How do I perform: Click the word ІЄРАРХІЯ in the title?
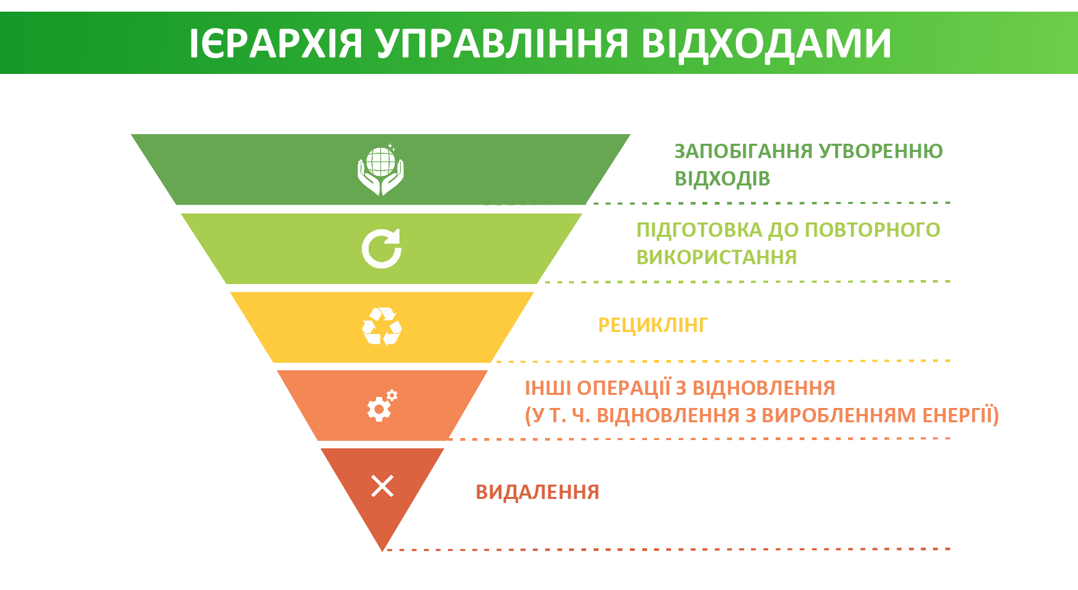click(276, 44)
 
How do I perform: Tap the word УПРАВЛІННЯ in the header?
click(503, 44)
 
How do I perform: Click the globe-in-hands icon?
click(381, 170)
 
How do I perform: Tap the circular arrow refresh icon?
click(382, 248)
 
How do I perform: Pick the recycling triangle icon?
click(382, 327)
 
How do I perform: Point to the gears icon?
click(382, 405)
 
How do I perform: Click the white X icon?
click(382, 486)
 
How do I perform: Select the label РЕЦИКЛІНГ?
click(653, 326)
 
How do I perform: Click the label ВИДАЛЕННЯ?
click(538, 492)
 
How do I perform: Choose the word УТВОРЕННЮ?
click(881, 151)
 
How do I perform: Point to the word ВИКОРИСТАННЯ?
click(717, 257)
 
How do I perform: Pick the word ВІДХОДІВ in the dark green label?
click(722, 179)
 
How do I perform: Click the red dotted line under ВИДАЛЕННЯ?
click(668, 549)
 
